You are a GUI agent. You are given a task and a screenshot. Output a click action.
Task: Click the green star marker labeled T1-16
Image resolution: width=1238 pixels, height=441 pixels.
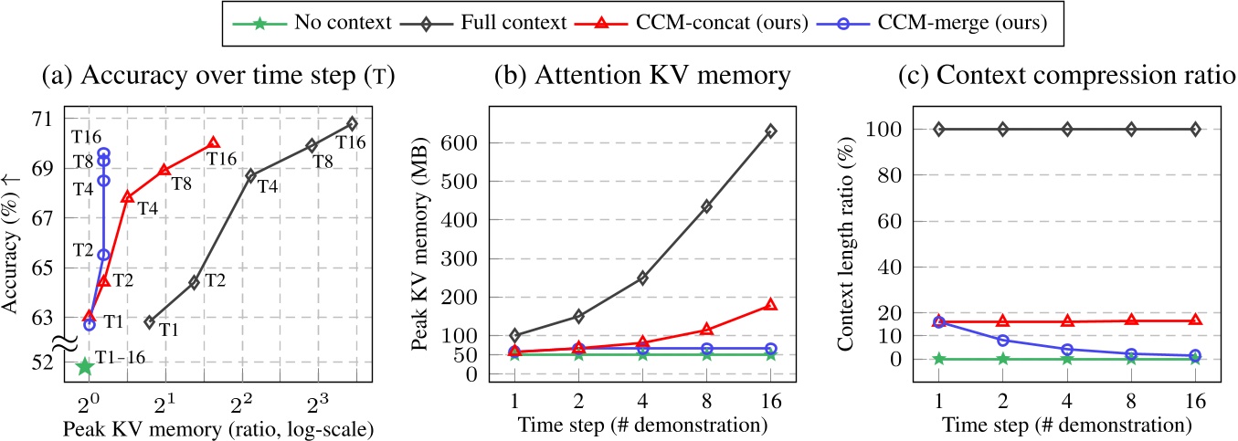pos(85,366)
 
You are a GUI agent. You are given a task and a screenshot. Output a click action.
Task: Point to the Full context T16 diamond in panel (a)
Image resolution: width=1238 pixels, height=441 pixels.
pos(352,123)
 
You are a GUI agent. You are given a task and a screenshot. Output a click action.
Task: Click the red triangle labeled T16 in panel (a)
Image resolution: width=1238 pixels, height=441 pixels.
pos(214,142)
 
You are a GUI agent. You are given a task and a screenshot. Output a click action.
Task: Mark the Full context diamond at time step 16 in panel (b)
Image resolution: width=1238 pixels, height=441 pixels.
pos(770,131)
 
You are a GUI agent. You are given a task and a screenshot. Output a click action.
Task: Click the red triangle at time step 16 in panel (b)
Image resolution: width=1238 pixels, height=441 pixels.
pos(770,304)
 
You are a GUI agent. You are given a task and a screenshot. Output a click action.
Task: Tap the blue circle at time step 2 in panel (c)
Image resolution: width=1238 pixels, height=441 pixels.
pos(1003,340)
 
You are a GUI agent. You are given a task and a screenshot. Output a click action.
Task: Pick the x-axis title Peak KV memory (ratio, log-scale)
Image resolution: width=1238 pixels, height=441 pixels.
pos(201,426)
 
